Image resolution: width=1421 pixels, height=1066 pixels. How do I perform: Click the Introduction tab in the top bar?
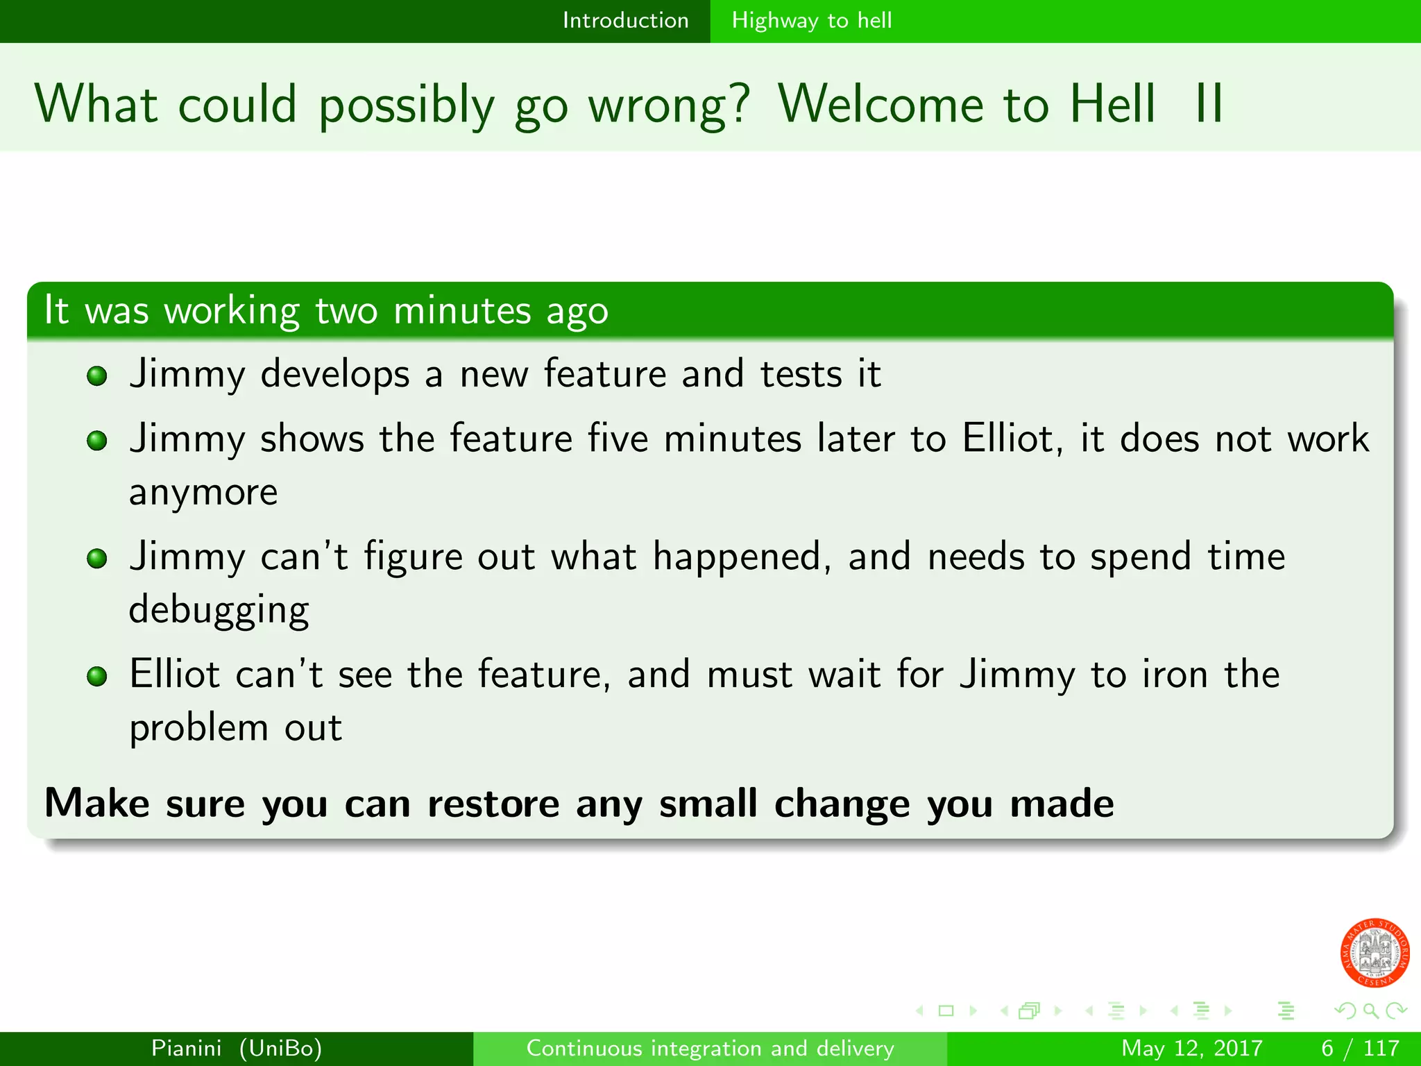coord(625,21)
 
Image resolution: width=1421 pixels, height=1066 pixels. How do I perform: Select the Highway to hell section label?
coord(811,21)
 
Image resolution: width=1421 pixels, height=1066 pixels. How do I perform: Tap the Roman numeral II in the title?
coord(1209,104)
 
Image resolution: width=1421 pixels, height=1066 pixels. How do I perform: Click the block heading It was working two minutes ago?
coord(326,310)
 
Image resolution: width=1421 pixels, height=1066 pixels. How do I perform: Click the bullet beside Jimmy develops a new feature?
coord(97,376)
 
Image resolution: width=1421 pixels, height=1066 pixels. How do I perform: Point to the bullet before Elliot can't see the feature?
coord(97,676)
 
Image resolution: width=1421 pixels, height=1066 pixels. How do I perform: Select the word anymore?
coord(203,493)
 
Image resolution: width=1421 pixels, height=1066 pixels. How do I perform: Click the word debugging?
coord(219,611)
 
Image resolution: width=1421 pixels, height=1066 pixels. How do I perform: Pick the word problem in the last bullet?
coord(198,728)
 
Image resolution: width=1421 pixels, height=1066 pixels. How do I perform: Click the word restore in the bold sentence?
coord(493,804)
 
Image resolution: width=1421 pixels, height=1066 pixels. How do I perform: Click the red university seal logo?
coord(1375,953)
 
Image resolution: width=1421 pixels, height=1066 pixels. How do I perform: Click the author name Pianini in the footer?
coord(187,1048)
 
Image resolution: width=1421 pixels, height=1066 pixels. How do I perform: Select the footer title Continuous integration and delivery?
coord(710,1048)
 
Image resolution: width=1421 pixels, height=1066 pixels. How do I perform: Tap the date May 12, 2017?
coord(1191,1048)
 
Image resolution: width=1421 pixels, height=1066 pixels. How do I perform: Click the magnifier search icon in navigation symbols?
coord(1370,1010)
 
